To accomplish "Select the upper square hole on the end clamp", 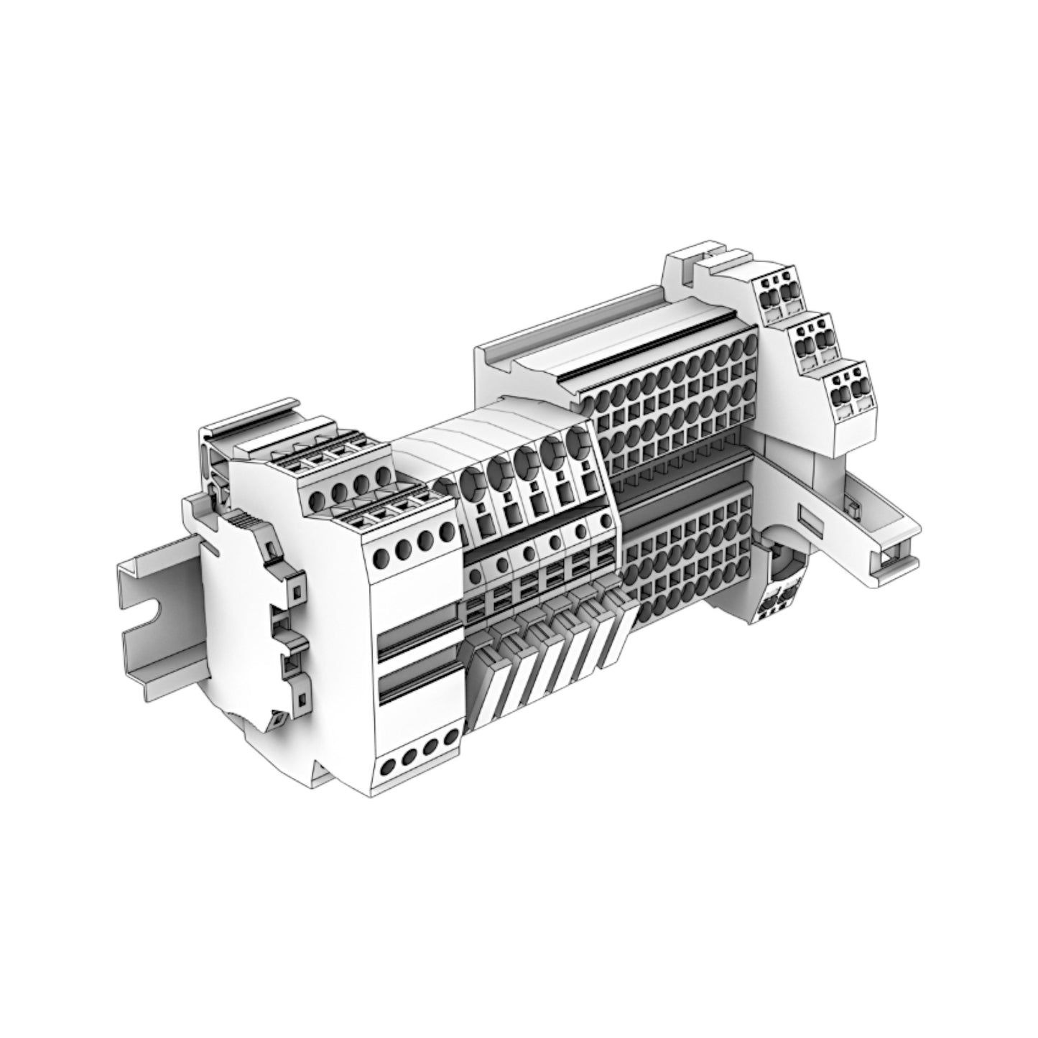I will click(297, 590).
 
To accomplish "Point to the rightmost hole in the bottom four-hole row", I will click(451, 738).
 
